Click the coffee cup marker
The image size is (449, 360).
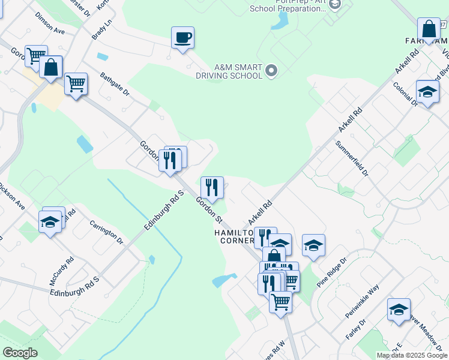[182, 38]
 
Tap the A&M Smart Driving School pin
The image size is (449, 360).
[271, 71]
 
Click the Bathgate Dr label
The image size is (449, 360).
[115, 85]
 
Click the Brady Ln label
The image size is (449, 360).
[101, 29]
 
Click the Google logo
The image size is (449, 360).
[20, 353]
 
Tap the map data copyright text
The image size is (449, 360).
[412, 355]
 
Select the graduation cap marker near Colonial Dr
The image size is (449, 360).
[427, 93]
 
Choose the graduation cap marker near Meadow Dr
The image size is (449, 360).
[399, 310]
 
